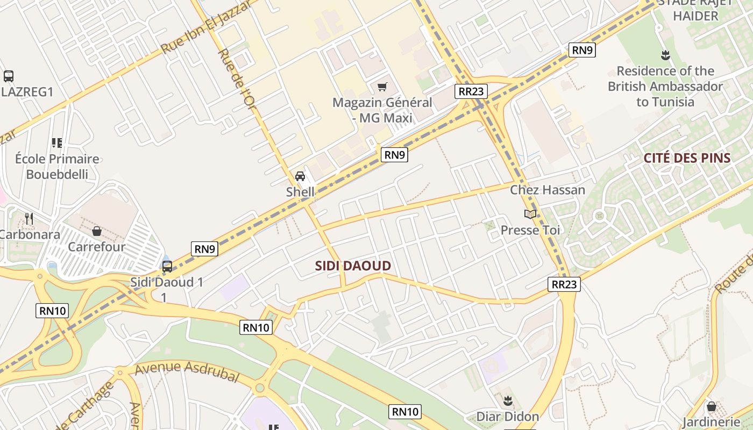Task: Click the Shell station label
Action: [x=300, y=192]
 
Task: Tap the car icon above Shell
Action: [x=300, y=176]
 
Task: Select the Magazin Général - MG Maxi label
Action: [x=382, y=110]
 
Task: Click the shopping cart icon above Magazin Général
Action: [x=382, y=87]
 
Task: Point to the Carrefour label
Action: [x=96, y=247]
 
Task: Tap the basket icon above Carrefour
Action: [x=97, y=231]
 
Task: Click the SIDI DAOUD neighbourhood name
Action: [x=353, y=266]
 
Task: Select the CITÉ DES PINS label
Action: [x=687, y=158]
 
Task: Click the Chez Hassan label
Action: [x=548, y=190]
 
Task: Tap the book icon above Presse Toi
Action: [x=530, y=214]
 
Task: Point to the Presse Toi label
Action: [x=530, y=230]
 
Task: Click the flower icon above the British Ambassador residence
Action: [x=665, y=55]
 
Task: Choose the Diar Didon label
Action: [x=508, y=417]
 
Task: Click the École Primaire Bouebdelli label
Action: [x=56, y=166]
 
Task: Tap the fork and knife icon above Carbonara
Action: [x=29, y=218]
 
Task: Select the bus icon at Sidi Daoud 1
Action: [x=167, y=266]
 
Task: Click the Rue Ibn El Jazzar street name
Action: [x=206, y=27]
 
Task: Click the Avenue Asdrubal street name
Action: [x=186, y=371]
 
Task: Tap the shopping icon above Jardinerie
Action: [x=711, y=406]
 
